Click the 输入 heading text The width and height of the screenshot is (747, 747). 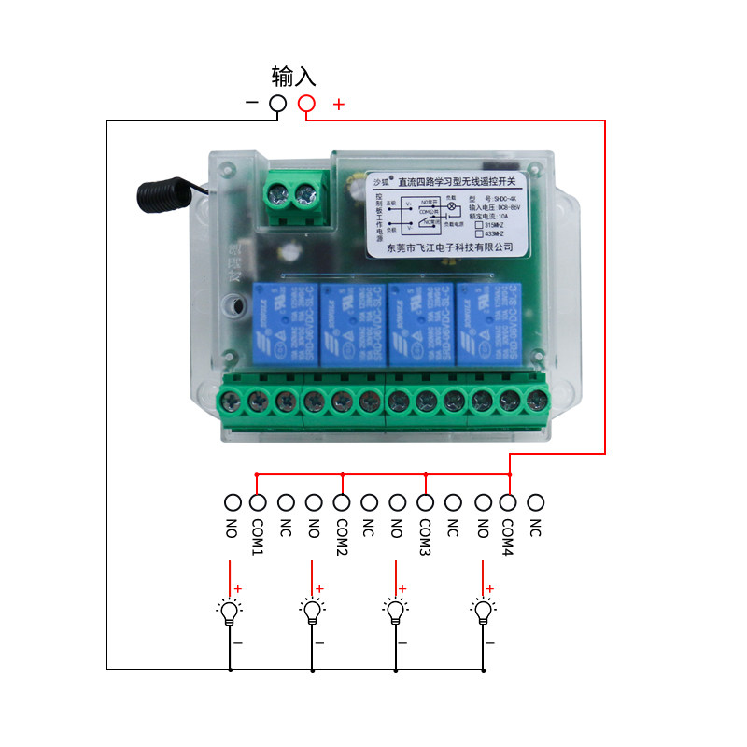(294, 76)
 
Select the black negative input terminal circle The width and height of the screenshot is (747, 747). (277, 104)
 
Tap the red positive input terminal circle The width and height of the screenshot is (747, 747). (306, 104)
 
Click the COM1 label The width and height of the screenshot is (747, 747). (259, 536)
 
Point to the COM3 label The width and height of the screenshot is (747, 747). (425, 536)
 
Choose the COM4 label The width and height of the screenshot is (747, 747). (508, 536)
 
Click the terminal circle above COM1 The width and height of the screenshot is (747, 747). (259, 501)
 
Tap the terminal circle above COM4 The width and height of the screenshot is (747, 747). (508, 501)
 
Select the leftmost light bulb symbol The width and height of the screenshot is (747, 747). (230, 612)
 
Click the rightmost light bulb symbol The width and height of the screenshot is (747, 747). (483, 612)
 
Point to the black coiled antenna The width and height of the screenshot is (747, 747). (159, 193)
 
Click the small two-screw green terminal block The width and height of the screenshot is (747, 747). (291, 196)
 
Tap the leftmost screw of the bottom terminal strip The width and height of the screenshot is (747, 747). (231, 402)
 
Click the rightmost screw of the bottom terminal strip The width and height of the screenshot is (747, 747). (536, 402)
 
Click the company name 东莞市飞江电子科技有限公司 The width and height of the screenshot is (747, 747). (450, 246)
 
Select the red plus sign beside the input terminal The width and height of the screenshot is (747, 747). (338, 105)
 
